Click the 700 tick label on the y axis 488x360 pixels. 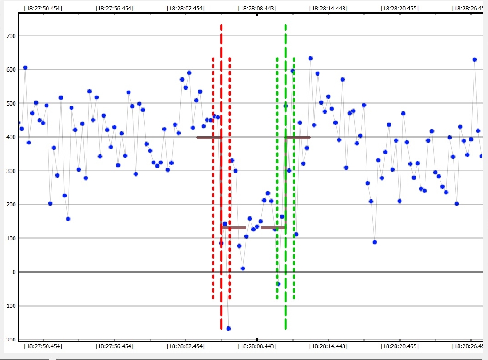click(9, 36)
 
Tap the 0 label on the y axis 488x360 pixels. click(14, 272)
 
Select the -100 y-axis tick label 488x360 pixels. click(8, 306)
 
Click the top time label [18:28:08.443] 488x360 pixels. click(257, 8)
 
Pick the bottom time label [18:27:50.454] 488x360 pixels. click(43, 346)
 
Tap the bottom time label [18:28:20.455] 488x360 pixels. click(400, 346)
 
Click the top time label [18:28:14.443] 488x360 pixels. click(329, 8)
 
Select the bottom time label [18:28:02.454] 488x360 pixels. click(186, 346)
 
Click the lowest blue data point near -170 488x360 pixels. click(228, 328)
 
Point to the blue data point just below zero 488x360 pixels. click(278, 284)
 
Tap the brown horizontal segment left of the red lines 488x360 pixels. click(208, 137)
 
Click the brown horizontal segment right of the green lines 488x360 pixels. click(298, 137)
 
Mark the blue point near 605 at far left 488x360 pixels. click(25, 67)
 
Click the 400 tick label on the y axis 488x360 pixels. click(9, 137)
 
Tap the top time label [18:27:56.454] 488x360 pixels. click(114, 8)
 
